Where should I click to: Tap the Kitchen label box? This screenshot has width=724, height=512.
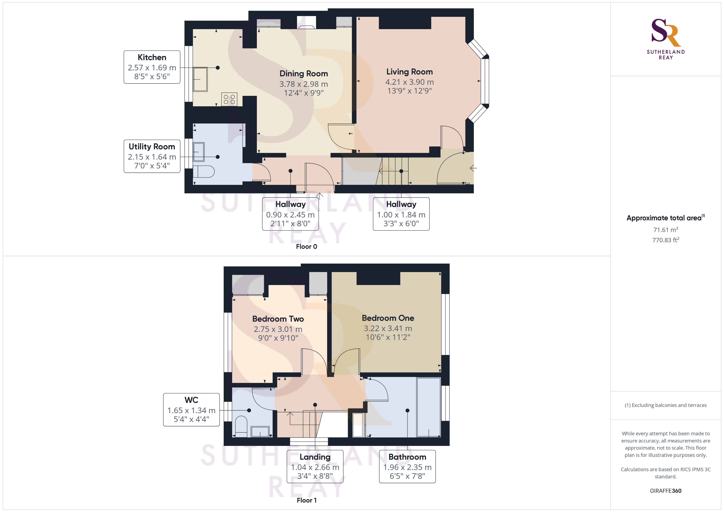(152, 67)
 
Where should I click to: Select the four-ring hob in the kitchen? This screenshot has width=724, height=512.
(229, 99)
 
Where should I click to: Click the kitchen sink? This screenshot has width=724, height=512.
(200, 79)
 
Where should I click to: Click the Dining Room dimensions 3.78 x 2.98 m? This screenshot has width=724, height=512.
(304, 84)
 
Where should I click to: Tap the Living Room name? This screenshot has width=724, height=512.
(410, 72)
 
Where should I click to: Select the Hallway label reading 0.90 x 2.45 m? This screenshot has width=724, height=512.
(290, 214)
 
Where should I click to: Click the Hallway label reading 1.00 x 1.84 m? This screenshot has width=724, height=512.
(401, 214)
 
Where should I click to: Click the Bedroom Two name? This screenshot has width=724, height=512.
(278, 319)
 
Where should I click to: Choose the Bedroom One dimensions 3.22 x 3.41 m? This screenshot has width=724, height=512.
(388, 328)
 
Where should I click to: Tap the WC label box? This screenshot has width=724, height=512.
(191, 409)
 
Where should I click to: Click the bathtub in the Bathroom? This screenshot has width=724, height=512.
(428, 407)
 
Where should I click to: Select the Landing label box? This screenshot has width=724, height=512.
(315, 466)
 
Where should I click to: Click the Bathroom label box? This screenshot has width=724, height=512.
(407, 466)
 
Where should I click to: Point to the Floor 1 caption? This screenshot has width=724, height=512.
(307, 500)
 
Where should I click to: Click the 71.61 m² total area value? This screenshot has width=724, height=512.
(666, 230)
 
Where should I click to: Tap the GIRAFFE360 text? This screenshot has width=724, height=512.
(666, 490)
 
